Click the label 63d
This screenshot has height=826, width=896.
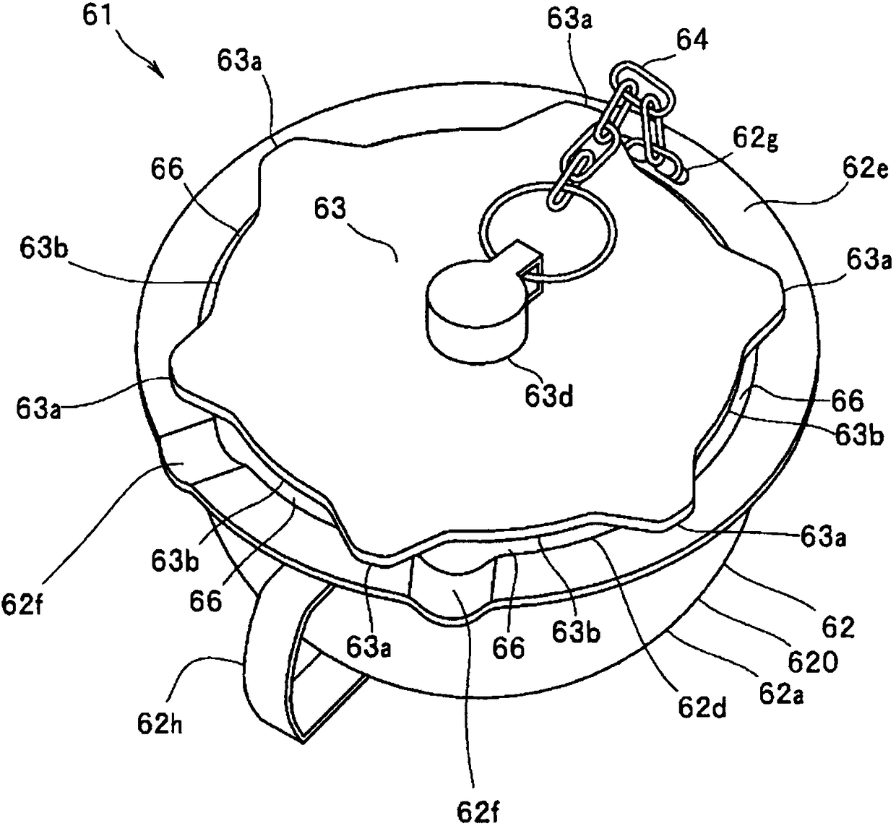tap(548, 396)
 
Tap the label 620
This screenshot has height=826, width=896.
tap(812, 662)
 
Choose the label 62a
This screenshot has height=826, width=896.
tap(782, 694)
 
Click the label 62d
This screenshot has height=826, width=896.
tap(702, 707)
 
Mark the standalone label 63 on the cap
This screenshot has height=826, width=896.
tap(330, 210)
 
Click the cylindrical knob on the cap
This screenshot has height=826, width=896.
tap(476, 311)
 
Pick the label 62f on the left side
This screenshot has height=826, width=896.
tap(22, 604)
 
